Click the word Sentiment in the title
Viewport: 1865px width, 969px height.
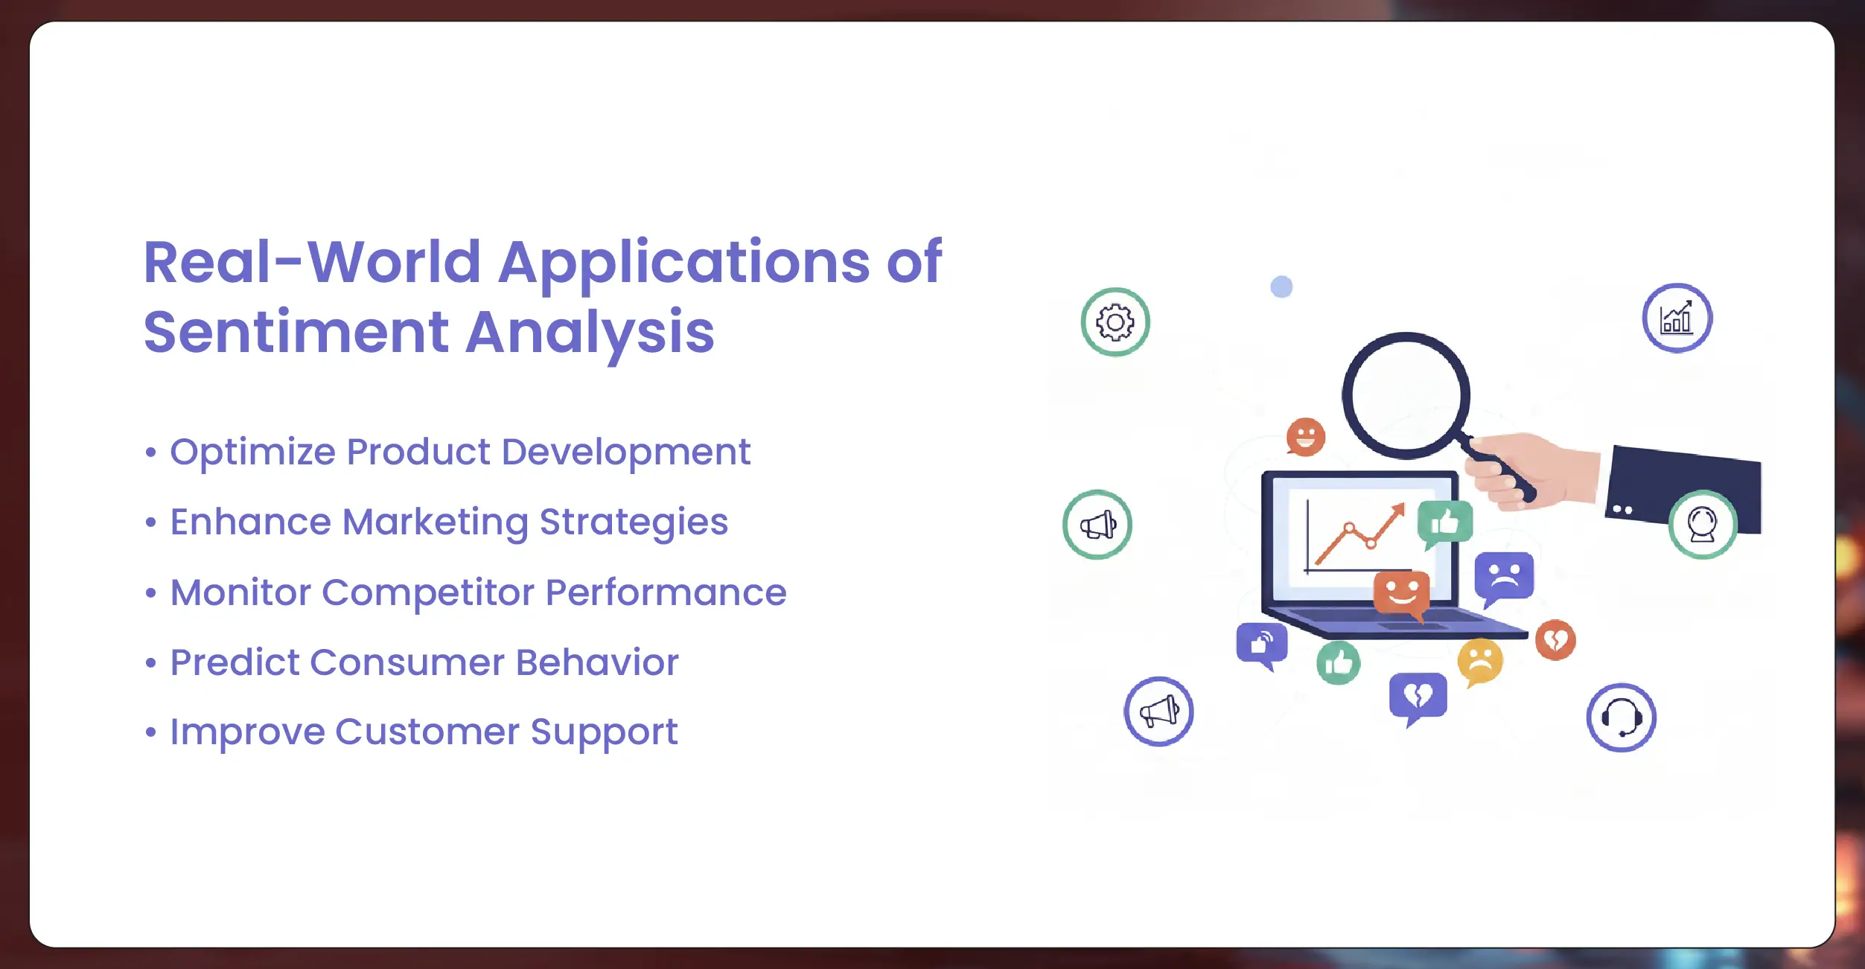pyautogui.click(x=296, y=332)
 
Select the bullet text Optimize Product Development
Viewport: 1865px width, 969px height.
pyautogui.click(x=460, y=452)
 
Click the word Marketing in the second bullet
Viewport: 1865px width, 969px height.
pyautogui.click(x=435, y=522)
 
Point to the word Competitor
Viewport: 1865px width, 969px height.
pyautogui.click(x=427, y=593)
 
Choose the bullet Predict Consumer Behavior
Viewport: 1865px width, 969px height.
pyautogui.click(x=424, y=662)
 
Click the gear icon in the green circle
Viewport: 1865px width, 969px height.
pyautogui.click(x=1115, y=322)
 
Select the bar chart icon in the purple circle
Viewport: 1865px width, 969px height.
pyautogui.click(x=1677, y=319)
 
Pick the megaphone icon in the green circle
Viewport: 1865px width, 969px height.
pyautogui.click(x=1097, y=525)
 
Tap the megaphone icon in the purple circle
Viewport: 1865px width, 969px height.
pyautogui.click(x=1158, y=711)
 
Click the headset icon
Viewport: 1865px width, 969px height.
pyautogui.click(x=1622, y=717)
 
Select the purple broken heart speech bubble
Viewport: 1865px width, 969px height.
pyautogui.click(x=1418, y=698)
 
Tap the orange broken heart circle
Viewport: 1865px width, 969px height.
pyautogui.click(x=1556, y=640)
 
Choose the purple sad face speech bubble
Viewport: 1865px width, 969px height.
pyautogui.click(x=1504, y=578)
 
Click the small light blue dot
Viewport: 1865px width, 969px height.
pyautogui.click(x=1281, y=287)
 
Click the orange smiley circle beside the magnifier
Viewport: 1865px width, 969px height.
pyautogui.click(x=1306, y=437)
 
